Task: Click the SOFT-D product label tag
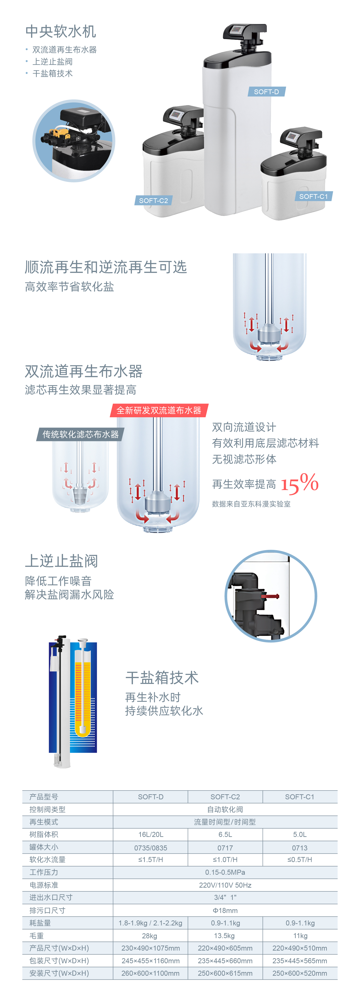pyautogui.click(x=266, y=92)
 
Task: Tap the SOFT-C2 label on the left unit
pyautogui.click(x=154, y=201)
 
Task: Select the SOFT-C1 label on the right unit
pyautogui.click(x=313, y=196)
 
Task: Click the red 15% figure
pyautogui.click(x=299, y=484)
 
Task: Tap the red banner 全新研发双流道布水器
pyautogui.click(x=159, y=410)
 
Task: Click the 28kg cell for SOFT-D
pyautogui.click(x=150, y=936)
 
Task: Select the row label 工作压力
pyautogui.click(x=44, y=872)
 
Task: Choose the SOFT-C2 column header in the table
pyautogui.click(x=225, y=797)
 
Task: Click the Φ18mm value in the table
pyautogui.click(x=225, y=910)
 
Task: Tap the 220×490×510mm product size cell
pyautogui.click(x=300, y=948)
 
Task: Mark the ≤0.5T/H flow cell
pyautogui.click(x=300, y=860)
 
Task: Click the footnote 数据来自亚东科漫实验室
pyautogui.click(x=251, y=504)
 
